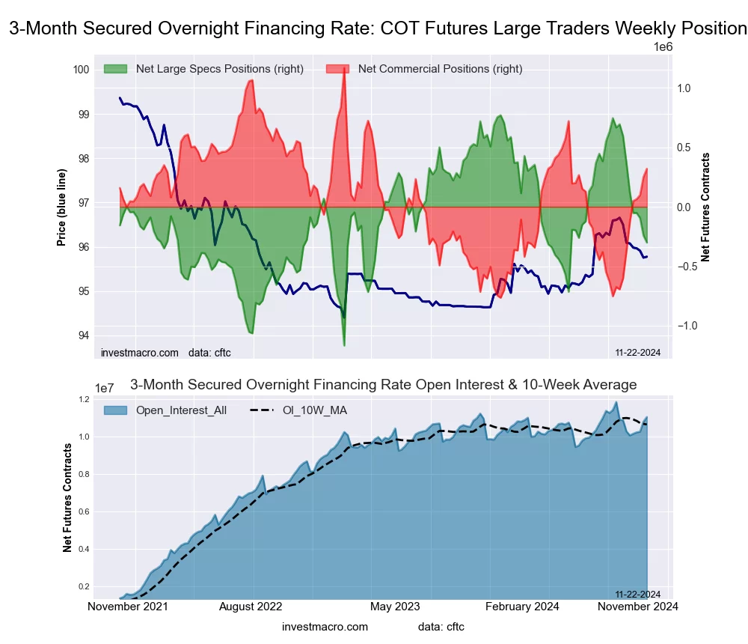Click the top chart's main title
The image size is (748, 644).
pyautogui.click(x=378, y=29)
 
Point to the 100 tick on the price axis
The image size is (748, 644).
pyautogui.click(x=81, y=70)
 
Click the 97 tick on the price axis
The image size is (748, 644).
pyautogui.click(x=81, y=203)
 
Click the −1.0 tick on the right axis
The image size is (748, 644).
pyautogui.click(x=688, y=326)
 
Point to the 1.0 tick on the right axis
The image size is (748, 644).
pyautogui.click(x=684, y=88)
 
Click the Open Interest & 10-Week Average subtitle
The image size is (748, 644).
pyautogui.click(x=383, y=385)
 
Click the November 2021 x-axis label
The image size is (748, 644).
pyautogui.click(x=128, y=607)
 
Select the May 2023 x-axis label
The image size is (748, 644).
pyautogui.click(x=395, y=607)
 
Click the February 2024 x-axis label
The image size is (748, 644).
pyautogui.click(x=523, y=607)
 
